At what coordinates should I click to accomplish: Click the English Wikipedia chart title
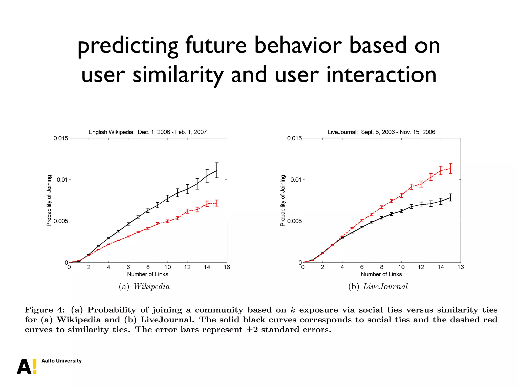click(x=147, y=132)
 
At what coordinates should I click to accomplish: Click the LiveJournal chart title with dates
click(x=381, y=132)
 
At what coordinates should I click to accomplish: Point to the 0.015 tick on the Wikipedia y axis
click(x=61, y=138)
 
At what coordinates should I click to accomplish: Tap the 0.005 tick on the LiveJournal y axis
click(x=294, y=221)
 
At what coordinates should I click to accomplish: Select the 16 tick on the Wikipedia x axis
click(x=227, y=267)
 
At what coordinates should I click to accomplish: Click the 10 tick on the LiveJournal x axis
click(x=401, y=267)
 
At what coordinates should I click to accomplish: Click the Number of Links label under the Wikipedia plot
click(x=147, y=274)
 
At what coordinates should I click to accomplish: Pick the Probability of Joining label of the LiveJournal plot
click(x=283, y=201)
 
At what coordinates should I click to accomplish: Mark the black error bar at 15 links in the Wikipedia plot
click(x=217, y=170)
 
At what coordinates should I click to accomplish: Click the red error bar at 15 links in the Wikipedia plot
click(x=217, y=203)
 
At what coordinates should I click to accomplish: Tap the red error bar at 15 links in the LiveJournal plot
click(x=450, y=168)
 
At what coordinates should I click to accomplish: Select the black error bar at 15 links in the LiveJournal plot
click(x=450, y=197)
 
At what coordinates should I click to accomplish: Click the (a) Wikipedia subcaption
click(x=144, y=286)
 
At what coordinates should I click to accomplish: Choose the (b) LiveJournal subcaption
click(x=378, y=286)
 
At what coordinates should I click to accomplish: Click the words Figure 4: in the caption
click(x=45, y=310)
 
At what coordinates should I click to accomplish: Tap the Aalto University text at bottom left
click(x=61, y=361)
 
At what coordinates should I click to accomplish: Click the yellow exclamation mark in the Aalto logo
click(x=35, y=366)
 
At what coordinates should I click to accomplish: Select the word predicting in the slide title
click(x=128, y=45)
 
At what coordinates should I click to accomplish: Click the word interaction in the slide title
click(x=381, y=75)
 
